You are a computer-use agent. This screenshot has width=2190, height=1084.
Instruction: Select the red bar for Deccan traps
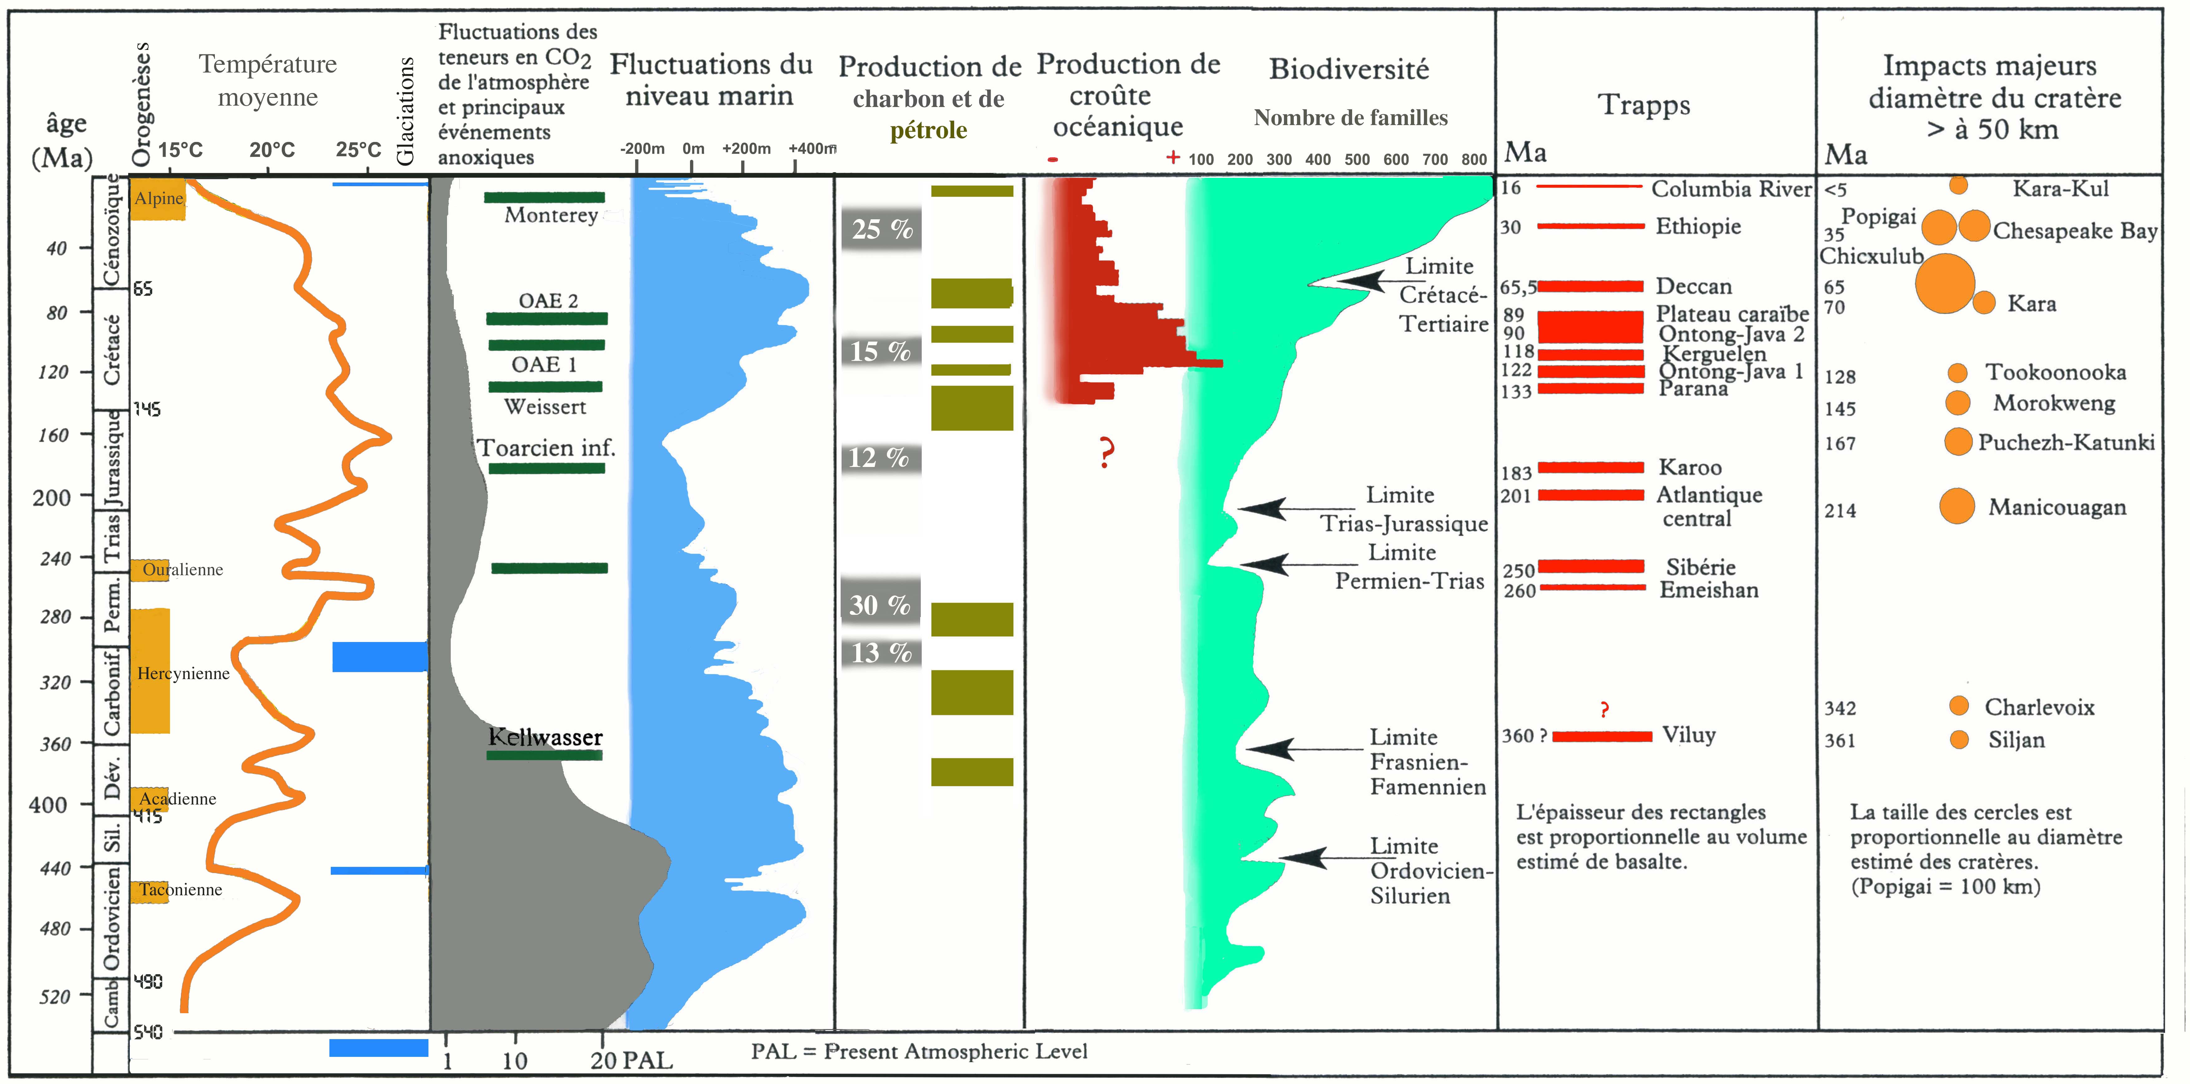[x=1590, y=286]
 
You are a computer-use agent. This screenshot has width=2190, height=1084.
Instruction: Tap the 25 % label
[x=881, y=229]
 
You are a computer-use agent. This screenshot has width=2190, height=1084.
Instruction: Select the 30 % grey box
[x=880, y=605]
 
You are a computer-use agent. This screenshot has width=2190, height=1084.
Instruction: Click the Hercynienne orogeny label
[x=183, y=673]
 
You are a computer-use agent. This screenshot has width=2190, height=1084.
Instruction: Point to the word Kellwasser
[x=545, y=737]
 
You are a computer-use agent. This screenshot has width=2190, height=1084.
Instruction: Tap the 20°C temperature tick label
[x=272, y=150]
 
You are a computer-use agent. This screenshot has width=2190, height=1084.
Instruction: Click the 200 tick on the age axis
[x=51, y=497]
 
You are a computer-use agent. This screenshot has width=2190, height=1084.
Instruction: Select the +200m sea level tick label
[x=745, y=149]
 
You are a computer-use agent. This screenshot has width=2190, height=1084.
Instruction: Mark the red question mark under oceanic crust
[x=1105, y=452]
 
